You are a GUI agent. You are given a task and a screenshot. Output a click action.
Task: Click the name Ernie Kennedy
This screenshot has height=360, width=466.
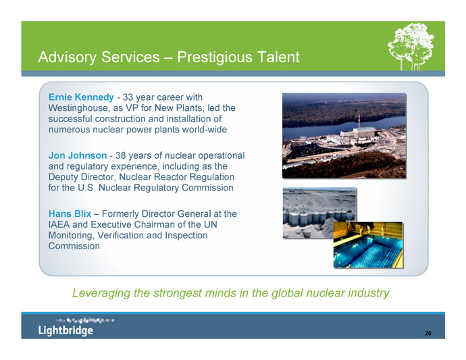click(81, 97)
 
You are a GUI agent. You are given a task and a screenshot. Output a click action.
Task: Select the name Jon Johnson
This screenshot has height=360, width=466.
click(78, 155)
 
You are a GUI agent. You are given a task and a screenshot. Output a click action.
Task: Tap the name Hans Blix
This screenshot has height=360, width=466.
click(70, 213)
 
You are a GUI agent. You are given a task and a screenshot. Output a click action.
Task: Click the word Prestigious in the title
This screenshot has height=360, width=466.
click(215, 57)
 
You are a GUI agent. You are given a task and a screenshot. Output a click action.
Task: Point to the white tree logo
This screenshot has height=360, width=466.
click(411, 47)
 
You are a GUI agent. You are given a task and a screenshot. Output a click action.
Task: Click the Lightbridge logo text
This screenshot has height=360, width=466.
click(66, 330)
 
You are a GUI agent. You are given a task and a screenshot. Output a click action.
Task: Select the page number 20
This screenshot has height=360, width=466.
click(428, 333)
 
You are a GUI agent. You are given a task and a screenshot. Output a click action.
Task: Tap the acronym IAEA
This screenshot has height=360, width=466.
click(59, 224)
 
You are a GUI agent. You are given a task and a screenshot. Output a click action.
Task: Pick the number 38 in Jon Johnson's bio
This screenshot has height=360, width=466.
click(120, 155)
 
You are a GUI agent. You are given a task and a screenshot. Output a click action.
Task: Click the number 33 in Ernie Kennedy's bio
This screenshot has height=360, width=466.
click(128, 97)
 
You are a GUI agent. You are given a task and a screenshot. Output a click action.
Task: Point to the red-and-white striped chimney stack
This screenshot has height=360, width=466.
click(359, 121)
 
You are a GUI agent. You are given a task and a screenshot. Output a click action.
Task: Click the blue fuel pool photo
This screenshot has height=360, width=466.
click(368, 245)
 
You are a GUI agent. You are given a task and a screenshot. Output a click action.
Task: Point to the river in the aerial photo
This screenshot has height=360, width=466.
click(342, 128)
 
